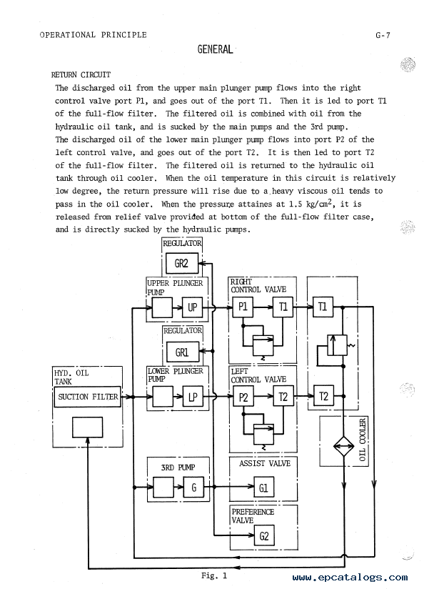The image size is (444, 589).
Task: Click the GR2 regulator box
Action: tap(181, 263)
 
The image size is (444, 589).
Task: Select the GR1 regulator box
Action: tap(182, 352)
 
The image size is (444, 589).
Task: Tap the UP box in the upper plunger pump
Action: tap(192, 307)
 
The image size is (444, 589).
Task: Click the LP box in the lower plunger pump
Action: tap(193, 397)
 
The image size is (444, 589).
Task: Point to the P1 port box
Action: tap(243, 307)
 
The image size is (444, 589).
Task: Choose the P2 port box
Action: tap(243, 397)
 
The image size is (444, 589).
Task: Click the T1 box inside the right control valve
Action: tap(283, 307)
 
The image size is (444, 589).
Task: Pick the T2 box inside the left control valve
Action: tap(283, 397)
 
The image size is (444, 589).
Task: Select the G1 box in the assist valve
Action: tap(263, 487)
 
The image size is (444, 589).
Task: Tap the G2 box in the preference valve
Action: tap(264, 535)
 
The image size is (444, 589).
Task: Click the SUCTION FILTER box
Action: tap(88, 397)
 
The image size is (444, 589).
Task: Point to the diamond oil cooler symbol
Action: tap(343, 447)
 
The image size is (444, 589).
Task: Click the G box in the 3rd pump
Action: tap(193, 487)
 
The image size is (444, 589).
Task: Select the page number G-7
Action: tap(383, 35)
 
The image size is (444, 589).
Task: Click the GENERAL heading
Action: tap(216, 49)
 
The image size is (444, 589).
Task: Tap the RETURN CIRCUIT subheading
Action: tap(81, 75)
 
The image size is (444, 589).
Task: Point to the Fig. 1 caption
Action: tap(214, 575)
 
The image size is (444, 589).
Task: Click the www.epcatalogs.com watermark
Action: tap(350, 578)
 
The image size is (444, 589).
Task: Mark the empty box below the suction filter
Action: tap(87, 427)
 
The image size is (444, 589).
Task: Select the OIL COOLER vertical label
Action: tap(362, 440)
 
